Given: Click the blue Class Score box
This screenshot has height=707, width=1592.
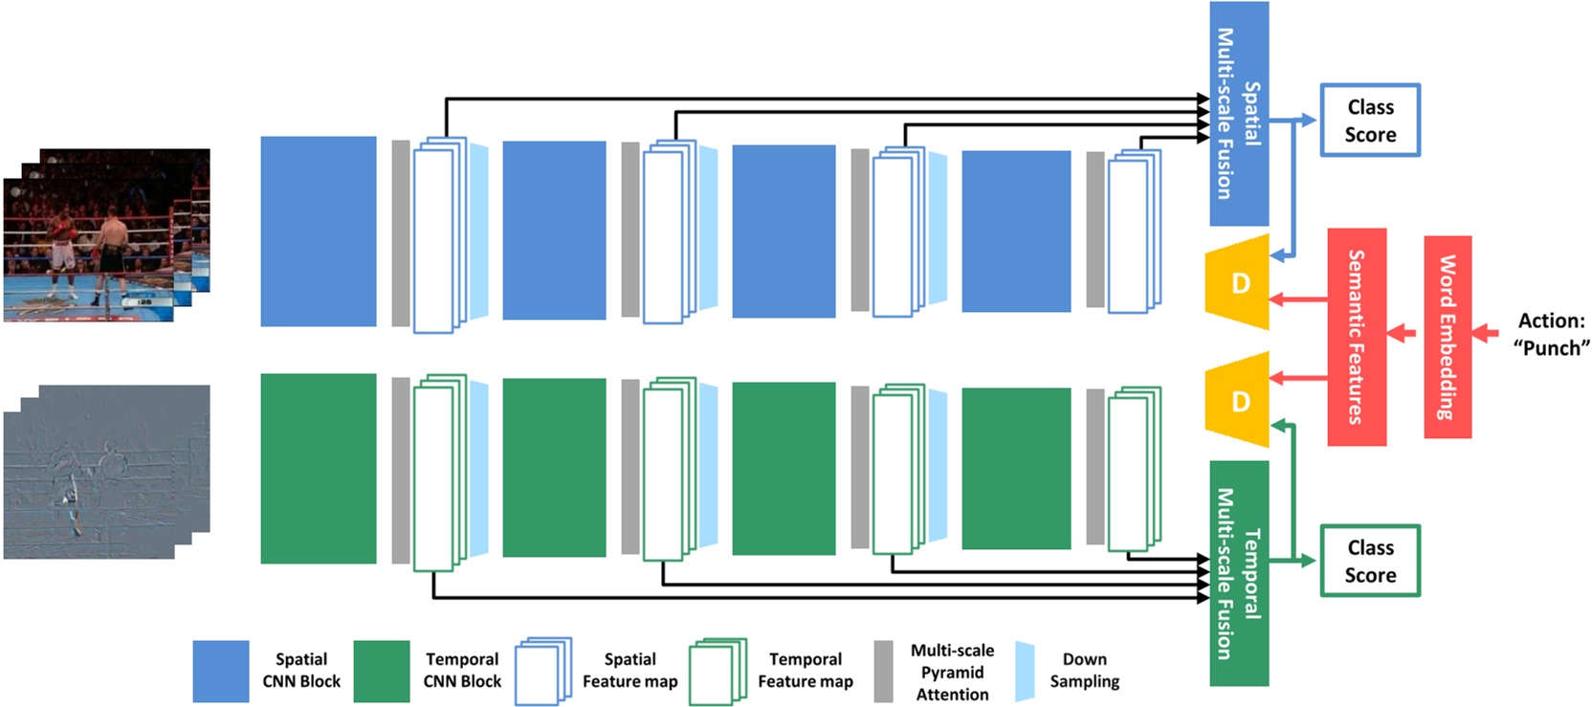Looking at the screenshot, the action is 1369,121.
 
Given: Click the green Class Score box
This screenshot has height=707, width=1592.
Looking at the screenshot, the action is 1369,561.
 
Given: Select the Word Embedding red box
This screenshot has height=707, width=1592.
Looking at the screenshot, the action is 1448,337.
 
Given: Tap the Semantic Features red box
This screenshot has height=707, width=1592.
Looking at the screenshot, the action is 1357,337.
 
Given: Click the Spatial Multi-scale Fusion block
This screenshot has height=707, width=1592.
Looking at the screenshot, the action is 1239,114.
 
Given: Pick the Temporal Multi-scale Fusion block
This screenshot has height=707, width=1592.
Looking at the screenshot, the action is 1239,573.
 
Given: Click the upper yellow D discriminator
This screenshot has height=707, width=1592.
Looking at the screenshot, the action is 1237,283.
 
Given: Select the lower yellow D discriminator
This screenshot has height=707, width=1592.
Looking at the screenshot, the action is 1237,401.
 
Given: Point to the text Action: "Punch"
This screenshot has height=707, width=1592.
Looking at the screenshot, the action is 1552,334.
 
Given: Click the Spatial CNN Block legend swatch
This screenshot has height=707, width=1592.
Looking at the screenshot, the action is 221,671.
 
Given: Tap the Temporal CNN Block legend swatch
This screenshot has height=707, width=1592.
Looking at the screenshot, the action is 382,671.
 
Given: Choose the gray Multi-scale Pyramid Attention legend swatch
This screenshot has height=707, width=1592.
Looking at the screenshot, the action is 883,671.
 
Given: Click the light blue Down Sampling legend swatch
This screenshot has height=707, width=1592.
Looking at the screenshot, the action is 1025,671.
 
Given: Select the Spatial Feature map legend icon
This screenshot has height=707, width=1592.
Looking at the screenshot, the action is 543,671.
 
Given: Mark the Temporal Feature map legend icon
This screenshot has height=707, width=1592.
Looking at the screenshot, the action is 718,671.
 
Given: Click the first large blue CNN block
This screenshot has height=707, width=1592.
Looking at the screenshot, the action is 319,232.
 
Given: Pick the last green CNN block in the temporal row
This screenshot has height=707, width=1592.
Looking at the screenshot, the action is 1016,468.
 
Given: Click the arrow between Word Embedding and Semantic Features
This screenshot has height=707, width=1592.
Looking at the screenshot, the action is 1402,333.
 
